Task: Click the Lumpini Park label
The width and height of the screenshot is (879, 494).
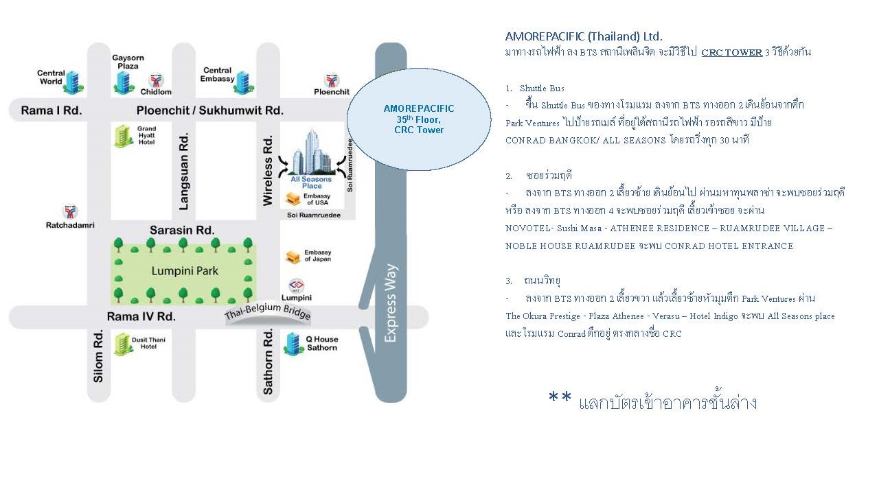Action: [185, 271]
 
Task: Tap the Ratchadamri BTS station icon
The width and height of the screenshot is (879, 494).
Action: [70, 212]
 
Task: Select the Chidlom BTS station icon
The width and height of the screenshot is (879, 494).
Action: [156, 81]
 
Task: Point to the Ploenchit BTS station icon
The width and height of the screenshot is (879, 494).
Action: [332, 81]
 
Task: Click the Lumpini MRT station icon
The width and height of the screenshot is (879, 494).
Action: [296, 286]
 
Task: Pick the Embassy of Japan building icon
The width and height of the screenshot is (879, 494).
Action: [293, 257]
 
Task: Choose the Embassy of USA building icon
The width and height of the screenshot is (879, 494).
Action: [293, 199]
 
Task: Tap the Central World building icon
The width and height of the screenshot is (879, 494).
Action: [73, 83]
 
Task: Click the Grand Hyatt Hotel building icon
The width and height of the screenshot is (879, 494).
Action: [123, 137]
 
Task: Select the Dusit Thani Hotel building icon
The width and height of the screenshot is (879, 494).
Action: [123, 344]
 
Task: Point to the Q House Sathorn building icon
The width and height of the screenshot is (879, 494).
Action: [293, 344]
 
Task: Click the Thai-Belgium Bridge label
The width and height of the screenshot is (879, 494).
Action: [268, 311]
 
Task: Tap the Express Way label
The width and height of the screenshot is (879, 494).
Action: [391, 303]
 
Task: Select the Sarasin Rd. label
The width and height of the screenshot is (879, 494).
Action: [182, 230]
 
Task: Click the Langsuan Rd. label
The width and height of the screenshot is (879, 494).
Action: [183, 172]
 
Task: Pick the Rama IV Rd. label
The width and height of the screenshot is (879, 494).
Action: [141, 316]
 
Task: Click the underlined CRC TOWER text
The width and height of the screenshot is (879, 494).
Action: [732, 52]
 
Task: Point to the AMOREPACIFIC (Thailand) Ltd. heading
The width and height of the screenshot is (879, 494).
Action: [584, 36]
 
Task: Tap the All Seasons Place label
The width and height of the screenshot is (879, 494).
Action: [311, 183]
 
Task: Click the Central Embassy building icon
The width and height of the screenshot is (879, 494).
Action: [243, 83]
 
